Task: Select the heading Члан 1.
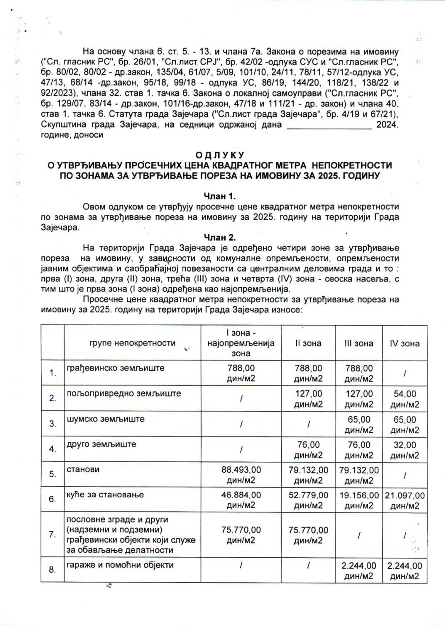[x=220, y=196]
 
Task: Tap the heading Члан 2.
[x=220, y=237]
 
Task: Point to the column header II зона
[x=308, y=343]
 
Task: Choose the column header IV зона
[x=405, y=343]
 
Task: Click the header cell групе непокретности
[x=132, y=343]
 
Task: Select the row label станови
[x=83, y=469]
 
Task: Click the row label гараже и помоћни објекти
[x=120, y=565]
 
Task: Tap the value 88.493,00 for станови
[x=241, y=470]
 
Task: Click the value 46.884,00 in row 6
[x=241, y=495]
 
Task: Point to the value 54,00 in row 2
[x=405, y=394]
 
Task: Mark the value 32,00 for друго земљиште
[x=405, y=445]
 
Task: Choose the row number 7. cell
[x=52, y=535]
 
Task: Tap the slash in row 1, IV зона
[x=405, y=373]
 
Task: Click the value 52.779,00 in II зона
[x=308, y=495]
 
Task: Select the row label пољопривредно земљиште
[x=123, y=393]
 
